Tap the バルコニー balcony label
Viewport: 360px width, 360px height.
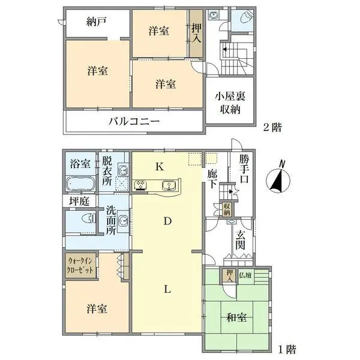pos(134,121)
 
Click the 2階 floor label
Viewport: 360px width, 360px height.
pos(271,127)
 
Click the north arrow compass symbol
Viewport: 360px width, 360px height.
pos(277,178)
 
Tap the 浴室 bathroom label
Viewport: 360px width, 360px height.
pos(79,163)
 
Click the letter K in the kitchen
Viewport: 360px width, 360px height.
pos(160,167)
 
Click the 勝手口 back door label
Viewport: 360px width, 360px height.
pos(244,170)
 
